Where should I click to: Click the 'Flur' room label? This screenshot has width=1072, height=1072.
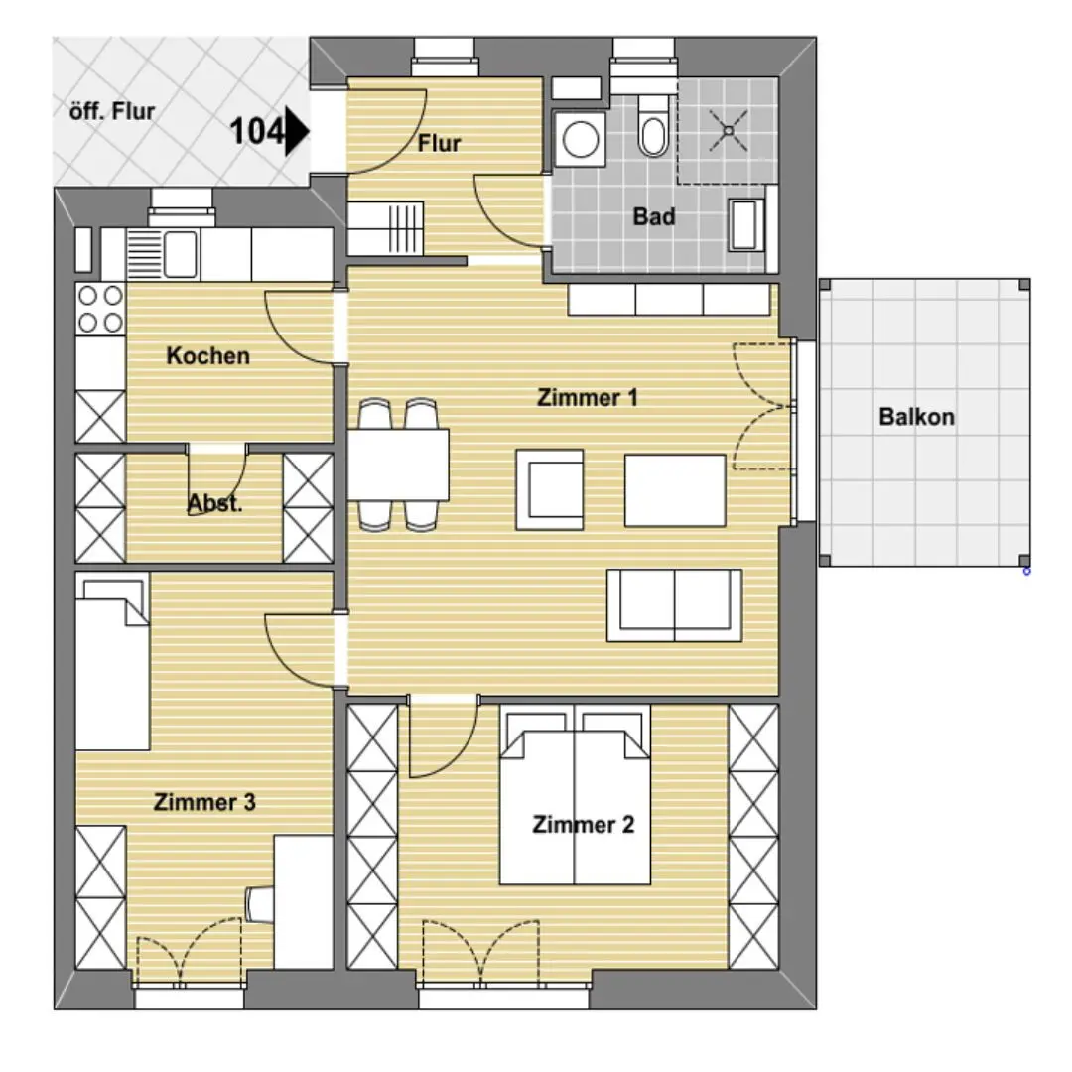click(x=439, y=144)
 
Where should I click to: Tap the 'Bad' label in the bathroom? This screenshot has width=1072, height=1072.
click(x=654, y=216)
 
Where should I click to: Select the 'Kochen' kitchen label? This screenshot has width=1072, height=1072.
click(x=207, y=356)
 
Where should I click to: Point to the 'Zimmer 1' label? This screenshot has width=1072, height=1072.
click(x=588, y=397)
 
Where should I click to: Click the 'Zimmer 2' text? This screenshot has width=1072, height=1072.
click(x=584, y=825)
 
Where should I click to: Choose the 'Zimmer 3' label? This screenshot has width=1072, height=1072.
click(x=204, y=802)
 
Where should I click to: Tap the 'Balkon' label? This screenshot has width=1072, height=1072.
click(x=916, y=416)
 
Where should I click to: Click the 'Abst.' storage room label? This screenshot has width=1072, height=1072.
click(x=214, y=504)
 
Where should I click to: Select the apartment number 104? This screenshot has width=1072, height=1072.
click(x=256, y=131)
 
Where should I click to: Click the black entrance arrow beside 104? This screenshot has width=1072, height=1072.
click(x=297, y=131)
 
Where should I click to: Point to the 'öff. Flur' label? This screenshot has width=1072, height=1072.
click(x=112, y=111)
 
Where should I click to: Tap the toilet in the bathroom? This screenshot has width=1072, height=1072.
click(x=653, y=126)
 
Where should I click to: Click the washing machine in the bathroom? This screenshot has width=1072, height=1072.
click(x=581, y=139)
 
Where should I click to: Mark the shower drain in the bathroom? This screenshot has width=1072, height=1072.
click(x=729, y=130)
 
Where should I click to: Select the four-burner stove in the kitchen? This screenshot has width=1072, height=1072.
click(x=100, y=309)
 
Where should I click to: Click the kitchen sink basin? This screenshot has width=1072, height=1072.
click(x=181, y=254)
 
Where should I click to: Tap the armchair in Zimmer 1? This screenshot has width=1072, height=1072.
click(x=550, y=489)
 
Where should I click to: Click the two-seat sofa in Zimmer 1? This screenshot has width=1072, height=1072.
click(x=674, y=605)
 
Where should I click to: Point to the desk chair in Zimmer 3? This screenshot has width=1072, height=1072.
click(x=260, y=904)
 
